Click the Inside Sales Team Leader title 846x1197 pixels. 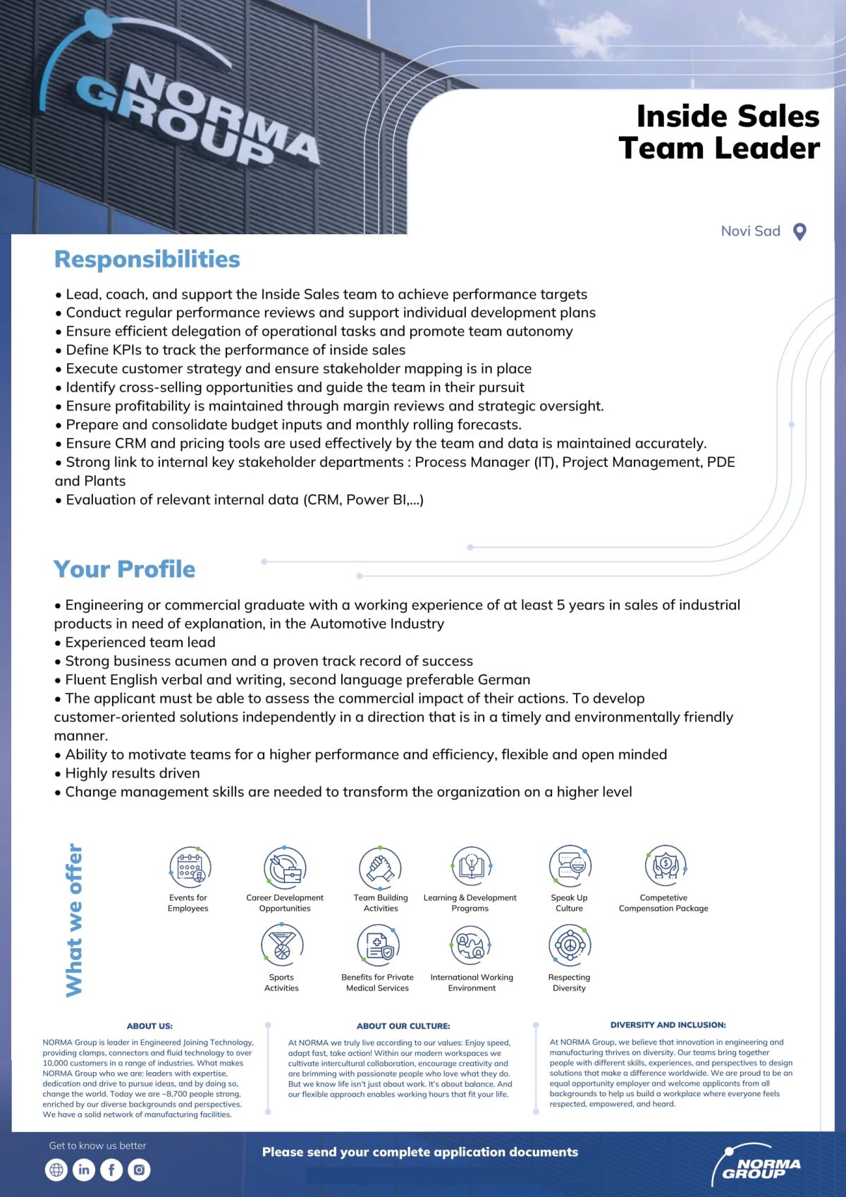click(x=720, y=132)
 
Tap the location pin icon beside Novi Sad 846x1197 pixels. click(x=799, y=231)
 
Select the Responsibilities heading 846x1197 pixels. click(x=147, y=259)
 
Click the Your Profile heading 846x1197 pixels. click(x=125, y=569)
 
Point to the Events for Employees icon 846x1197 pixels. click(x=190, y=866)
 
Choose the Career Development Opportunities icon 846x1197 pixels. click(x=284, y=866)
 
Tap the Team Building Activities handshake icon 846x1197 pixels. click(x=380, y=866)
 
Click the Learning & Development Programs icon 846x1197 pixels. click(x=470, y=866)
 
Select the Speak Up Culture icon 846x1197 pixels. click(x=570, y=866)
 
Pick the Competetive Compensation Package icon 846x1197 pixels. click(x=664, y=865)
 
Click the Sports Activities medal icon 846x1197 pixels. click(x=282, y=944)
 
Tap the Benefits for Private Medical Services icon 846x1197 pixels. click(x=378, y=944)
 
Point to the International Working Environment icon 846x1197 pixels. click(x=471, y=944)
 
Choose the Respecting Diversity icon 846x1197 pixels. click(x=569, y=944)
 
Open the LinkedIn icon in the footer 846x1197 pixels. click(x=83, y=1169)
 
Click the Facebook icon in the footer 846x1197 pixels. click(x=111, y=1169)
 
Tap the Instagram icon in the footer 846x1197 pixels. click(x=139, y=1169)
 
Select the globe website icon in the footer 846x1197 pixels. click(x=56, y=1169)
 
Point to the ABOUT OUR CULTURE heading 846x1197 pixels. click(x=403, y=1026)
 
